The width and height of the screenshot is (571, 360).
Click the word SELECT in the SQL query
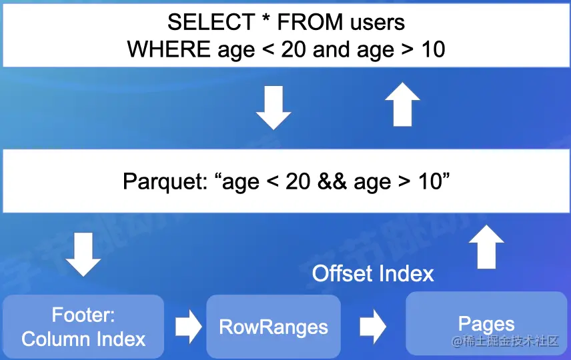(211, 22)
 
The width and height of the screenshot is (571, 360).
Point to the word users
(378, 23)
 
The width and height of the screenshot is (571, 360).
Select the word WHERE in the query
(169, 49)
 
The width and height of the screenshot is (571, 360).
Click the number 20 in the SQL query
(294, 49)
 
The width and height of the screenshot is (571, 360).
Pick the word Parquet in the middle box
(165, 181)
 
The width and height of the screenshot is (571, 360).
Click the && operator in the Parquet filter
(332, 181)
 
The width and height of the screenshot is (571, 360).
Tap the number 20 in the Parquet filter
(298, 181)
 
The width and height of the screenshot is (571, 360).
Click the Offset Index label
(373, 273)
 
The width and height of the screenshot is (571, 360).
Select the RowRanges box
(273, 327)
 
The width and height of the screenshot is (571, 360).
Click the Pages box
(486, 323)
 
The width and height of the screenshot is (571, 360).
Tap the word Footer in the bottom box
(83, 315)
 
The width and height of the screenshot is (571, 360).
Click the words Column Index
(83, 339)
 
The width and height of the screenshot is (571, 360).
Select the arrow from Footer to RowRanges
(188, 327)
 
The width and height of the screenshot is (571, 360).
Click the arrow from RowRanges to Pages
(373, 327)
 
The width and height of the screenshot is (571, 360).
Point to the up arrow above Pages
(486, 247)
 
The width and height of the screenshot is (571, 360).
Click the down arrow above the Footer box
(83, 255)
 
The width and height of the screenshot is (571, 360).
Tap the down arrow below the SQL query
(273, 108)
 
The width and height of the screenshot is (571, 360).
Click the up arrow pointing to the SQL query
(403, 104)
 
